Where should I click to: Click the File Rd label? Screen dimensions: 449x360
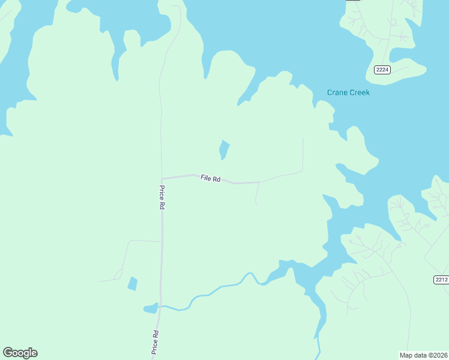coord(211,178)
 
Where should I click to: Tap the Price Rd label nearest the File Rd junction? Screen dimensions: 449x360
coord(162,197)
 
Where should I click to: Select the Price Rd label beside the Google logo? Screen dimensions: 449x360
coord(155,342)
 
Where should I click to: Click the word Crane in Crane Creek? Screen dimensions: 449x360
coord(337,92)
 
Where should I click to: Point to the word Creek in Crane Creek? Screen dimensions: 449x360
coord(360,92)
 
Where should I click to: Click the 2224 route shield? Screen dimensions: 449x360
coord(382,70)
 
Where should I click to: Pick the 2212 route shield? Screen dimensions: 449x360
coord(441,280)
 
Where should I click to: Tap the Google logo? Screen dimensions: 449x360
coord(20,353)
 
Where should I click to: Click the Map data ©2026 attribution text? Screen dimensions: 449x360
coord(423,355)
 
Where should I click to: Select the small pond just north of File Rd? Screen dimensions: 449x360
coord(224,149)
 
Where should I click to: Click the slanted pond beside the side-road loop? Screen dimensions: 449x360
coord(133,284)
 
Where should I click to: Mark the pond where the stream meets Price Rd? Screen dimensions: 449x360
coord(150,309)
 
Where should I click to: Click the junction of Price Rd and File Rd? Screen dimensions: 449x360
coord(162,178)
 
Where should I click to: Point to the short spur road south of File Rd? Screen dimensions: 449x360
coord(257,193)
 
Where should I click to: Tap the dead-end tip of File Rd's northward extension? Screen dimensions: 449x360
coord(303,139)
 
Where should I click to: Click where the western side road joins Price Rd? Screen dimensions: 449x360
coord(161,241)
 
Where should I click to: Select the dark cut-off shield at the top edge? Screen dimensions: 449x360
coord(353,1)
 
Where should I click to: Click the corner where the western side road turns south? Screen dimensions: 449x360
coord(130,241)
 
